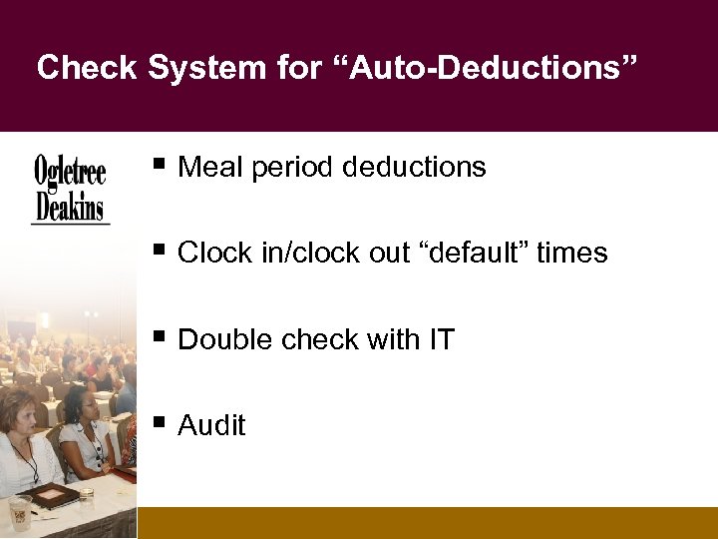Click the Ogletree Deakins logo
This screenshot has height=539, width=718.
[70, 189]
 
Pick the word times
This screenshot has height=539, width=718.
[571, 254]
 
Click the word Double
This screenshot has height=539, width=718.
[225, 340]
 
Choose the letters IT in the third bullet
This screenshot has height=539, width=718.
[441, 340]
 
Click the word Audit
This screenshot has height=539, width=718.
[211, 426]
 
